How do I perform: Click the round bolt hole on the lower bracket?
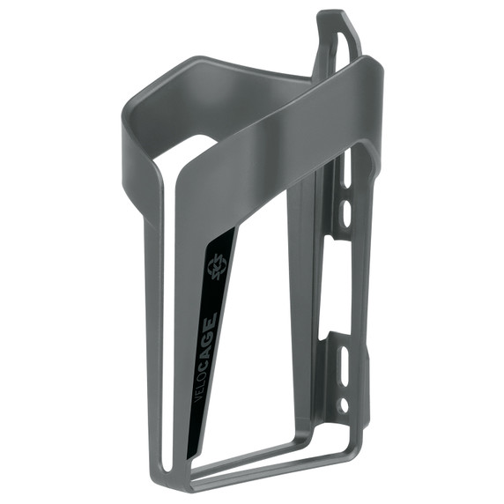coord(344,406)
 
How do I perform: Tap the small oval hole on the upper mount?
coord(346,212)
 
